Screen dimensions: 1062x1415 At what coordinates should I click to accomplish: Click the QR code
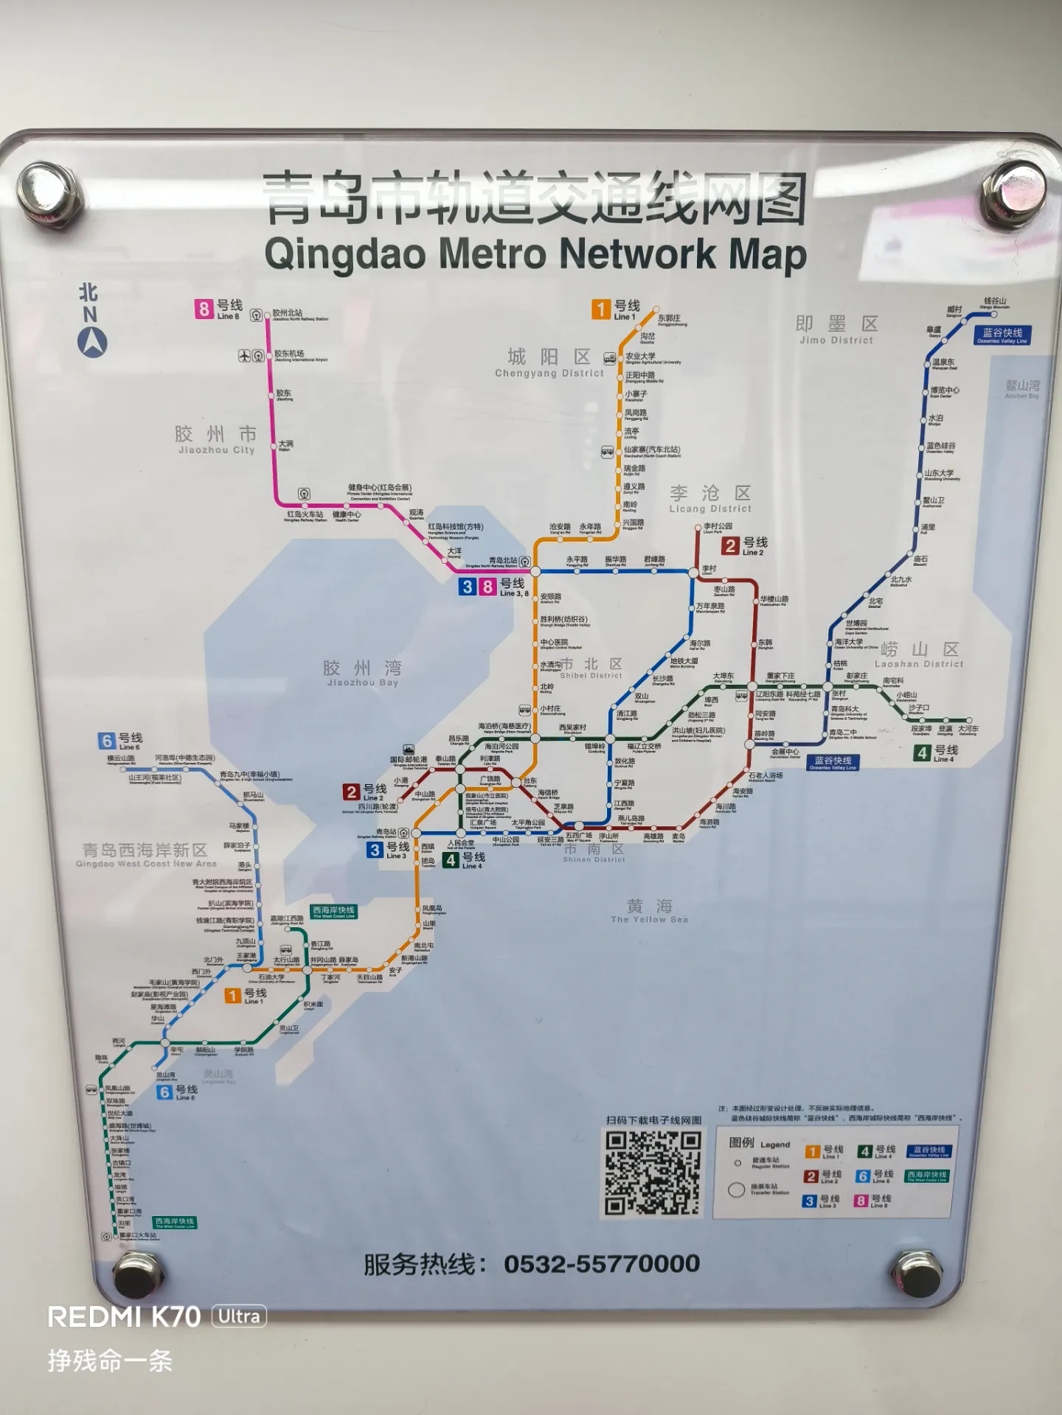[x=652, y=1173]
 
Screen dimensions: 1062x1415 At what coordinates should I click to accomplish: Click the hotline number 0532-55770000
[x=601, y=1264]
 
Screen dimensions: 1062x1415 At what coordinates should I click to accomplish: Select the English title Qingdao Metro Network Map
[x=535, y=254]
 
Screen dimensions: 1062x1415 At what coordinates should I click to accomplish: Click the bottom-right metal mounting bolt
[x=917, y=1273]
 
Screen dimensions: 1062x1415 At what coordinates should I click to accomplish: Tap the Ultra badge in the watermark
[x=239, y=1316]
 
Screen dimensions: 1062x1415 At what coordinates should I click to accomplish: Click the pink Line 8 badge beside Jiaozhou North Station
[x=204, y=309]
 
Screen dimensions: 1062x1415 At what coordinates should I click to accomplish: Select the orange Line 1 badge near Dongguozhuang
[x=601, y=309]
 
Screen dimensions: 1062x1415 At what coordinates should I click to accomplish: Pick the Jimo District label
[x=836, y=329]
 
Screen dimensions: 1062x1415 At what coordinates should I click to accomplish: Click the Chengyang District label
[x=549, y=363]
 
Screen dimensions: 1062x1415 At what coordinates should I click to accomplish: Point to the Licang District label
[x=710, y=498]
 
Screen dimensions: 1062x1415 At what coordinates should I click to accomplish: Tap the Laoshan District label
[x=919, y=654]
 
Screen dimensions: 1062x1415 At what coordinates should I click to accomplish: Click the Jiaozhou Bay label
[x=362, y=672]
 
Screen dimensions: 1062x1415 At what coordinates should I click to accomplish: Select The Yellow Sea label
[x=649, y=911]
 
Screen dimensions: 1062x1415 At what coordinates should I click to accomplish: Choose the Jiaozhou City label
[x=216, y=439]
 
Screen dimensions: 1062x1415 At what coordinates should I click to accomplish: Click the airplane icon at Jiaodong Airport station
[x=244, y=356]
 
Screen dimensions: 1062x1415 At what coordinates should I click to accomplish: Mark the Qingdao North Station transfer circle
[x=535, y=571]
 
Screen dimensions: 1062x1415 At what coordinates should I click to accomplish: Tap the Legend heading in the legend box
[x=759, y=1143]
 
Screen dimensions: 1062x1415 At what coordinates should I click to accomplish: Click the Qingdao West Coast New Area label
[x=145, y=855]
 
